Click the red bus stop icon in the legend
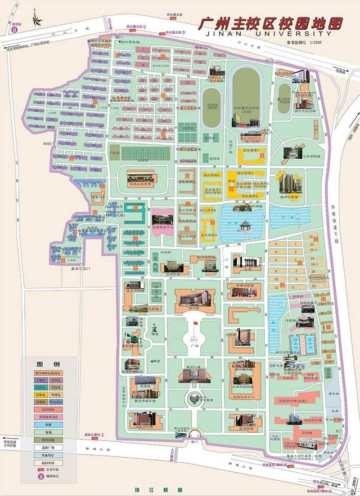(x=39, y=468)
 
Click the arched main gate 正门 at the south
(x=194, y=434)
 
